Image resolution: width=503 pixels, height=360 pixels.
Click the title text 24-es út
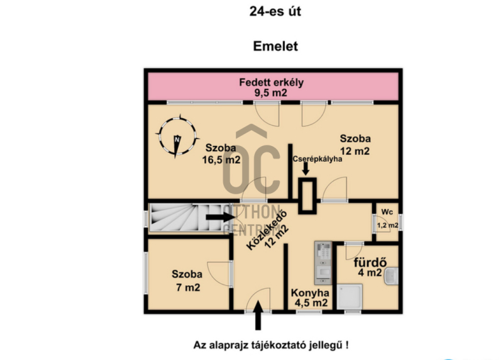click(x=275, y=11)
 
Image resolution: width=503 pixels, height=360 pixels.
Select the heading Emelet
click(x=275, y=46)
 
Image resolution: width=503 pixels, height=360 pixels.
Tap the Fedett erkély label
click(x=272, y=82)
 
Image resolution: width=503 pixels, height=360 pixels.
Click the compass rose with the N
click(x=177, y=137)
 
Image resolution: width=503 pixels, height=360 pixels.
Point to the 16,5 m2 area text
click(x=221, y=160)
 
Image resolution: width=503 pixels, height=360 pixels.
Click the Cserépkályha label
click(x=318, y=159)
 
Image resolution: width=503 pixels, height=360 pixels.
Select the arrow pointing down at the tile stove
click(x=306, y=169)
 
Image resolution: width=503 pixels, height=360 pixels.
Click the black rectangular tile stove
click(x=307, y=196)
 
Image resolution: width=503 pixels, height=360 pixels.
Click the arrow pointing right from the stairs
click(x=221, y=217)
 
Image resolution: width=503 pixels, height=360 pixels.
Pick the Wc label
click(x=387, y=212)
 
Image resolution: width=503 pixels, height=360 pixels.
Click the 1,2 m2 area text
click(x=387, y=225)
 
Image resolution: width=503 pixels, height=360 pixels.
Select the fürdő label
click(x=370, y=262)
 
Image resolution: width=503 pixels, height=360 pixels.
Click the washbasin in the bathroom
click(x=391, y=276)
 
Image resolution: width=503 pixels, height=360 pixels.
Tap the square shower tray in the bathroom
click(x=350, y=297)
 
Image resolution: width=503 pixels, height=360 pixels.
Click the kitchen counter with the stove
click(x=323, y=263)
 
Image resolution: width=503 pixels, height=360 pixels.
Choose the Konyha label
click(x=310, y=293)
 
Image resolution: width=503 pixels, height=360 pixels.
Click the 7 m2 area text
click(x=188, y=287)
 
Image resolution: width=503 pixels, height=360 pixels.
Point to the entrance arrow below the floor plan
click(x=258, y=315)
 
